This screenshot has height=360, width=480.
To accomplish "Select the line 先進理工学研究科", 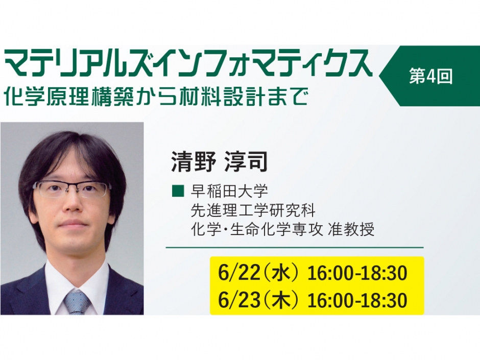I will (253, 210).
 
